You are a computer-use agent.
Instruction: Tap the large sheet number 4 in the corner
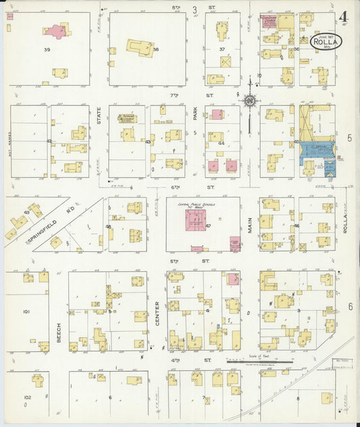coord(344,16)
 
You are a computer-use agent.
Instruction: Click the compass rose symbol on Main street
coord(250,101)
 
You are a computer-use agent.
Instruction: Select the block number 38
coord(156,50)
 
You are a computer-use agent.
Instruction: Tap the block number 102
coord(27,397)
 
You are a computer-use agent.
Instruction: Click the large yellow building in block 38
coord(140,47)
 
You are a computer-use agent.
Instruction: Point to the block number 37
coord(222,50)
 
